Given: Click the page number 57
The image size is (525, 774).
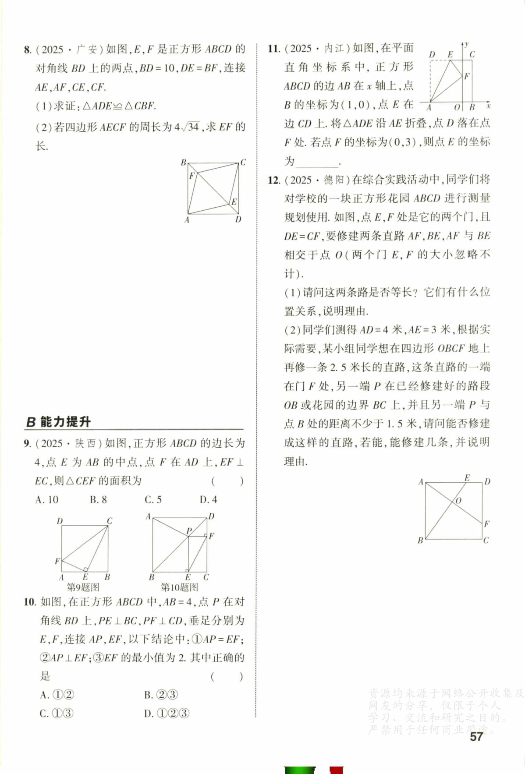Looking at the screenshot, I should [x=476, y=736].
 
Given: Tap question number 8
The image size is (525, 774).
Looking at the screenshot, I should [x=28, y=49].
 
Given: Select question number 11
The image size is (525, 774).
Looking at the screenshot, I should [x=273, y=49].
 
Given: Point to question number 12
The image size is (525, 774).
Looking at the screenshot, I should [x=273, y=180].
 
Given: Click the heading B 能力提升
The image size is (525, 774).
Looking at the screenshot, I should [x=58, y=422].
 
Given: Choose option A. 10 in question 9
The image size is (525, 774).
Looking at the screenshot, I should [x=47, y=499].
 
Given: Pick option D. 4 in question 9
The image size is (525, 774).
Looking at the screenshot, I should [x=208, y=499].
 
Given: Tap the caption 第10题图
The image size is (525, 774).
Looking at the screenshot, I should [x=179, y=587].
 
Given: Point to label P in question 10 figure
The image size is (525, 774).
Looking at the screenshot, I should [x=189, y=531].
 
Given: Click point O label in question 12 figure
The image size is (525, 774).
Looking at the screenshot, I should [x=458, y=501].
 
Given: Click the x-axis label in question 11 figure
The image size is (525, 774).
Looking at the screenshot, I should [x=488, y=106].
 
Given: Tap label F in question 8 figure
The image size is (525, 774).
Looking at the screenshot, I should [x=191, y=176].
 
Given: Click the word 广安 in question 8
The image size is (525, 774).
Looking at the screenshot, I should [x=86, y=49].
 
